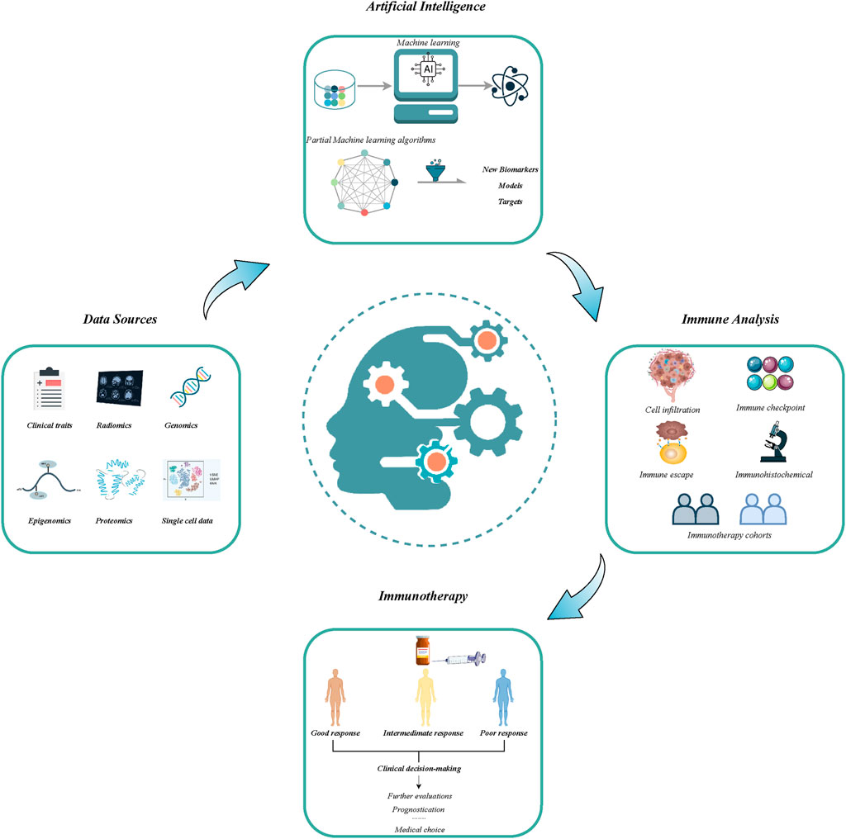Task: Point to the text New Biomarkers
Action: [x=510, y=170]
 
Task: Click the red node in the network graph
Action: [x=364, y=213]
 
